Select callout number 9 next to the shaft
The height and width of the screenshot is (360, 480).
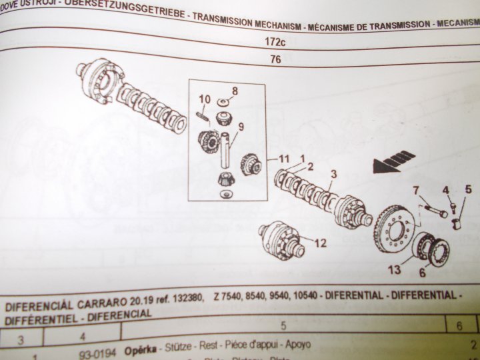pyautogui.click(x=241, y=127)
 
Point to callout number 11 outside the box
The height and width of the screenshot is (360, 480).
pyautogui.click(x=285, y=159)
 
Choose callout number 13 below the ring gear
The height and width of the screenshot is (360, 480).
pyautogui.click(x=395, y=269)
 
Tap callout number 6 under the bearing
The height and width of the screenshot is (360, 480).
pyautogui.click(x=422, y=273)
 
